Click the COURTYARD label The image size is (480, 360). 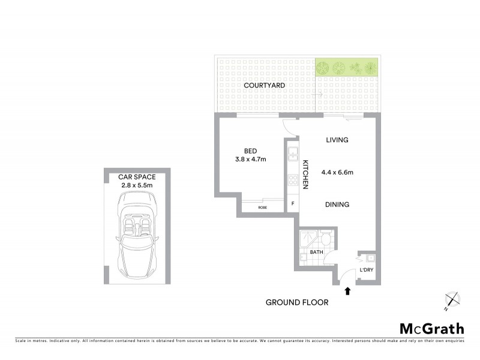[264, 86]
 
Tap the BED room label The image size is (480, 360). [251, 151]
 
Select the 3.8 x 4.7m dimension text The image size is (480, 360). [251, 160]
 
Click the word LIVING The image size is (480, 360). [337, 140]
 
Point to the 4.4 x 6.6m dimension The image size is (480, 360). [337, 172]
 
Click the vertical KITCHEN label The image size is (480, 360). [305, 175]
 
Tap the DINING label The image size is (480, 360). [337, 205]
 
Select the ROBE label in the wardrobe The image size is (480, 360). [262, 208]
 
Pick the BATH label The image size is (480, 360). [316, 253]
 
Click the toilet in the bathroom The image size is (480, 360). [326, 237]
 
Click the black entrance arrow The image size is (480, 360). [347, 291]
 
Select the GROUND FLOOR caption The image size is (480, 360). [297, 302]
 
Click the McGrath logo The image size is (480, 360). [432, 328]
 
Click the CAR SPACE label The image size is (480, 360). [137, 177]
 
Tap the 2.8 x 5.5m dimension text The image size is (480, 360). [137, 185]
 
